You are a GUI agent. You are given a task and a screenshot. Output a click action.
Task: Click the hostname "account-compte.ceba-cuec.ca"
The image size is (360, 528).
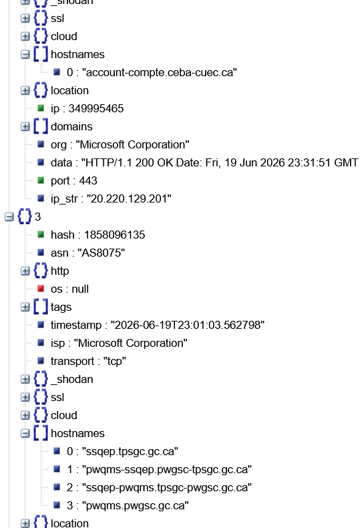[159, 72]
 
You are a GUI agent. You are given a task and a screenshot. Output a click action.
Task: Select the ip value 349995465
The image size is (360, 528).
[96, 108]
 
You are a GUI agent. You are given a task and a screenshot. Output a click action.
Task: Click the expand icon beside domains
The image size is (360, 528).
[25, 126]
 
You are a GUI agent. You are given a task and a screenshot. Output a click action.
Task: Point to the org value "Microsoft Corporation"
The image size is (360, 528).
[132, 145]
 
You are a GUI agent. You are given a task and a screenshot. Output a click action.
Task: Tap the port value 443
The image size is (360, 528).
[88, 181]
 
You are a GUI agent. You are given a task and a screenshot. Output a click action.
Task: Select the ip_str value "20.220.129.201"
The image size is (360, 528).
[129, 199]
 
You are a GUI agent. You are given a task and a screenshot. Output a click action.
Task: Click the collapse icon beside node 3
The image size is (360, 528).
[9, 217]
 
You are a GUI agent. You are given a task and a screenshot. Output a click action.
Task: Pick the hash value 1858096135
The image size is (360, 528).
[114, 235]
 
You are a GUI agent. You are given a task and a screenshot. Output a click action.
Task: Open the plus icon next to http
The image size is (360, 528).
[25, 271]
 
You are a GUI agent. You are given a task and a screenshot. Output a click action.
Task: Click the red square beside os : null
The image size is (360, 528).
[41, 289]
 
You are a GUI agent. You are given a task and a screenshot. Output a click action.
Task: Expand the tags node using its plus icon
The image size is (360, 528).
[25, 307]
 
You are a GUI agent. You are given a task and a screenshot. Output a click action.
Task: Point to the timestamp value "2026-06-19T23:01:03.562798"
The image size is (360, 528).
[188, 325]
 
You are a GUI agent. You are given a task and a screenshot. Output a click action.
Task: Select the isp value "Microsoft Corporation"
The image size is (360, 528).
[130, 343]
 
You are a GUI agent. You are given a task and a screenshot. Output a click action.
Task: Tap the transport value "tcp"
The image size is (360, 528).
[115, 362]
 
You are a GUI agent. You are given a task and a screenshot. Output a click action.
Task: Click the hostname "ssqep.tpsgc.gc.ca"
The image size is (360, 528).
[130, 451]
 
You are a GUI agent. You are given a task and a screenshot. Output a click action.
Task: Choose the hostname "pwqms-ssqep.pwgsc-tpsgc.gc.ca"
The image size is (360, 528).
[166, 469]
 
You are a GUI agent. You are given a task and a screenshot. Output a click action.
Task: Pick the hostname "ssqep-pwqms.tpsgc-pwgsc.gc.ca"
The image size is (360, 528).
[166, 488]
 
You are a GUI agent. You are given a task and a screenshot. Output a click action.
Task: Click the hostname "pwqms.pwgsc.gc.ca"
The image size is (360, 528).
[135, 505]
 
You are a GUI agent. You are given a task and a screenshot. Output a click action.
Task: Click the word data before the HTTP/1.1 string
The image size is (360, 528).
[61, 162]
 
